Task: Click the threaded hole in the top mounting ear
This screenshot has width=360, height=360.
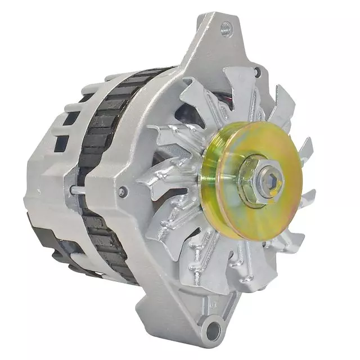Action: pyautogui.click(x=226, y=26)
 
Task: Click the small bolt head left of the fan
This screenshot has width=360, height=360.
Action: pyautogui.click(x=122, y=192)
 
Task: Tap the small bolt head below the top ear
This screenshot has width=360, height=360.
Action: pyautogui.click(x=257, y=72)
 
